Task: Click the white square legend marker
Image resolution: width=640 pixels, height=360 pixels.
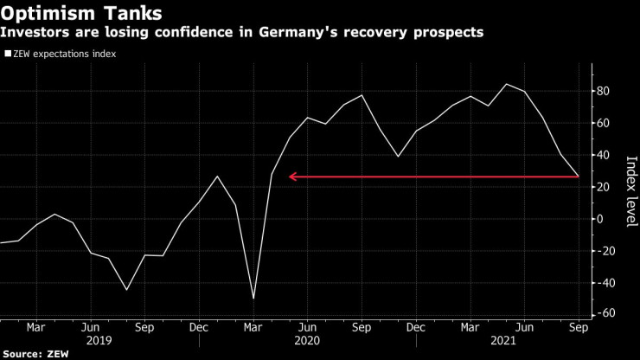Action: point(9,54)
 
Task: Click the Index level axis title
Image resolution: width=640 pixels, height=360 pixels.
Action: point(630,192)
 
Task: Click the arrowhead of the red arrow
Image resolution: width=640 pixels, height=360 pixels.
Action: point(292,177)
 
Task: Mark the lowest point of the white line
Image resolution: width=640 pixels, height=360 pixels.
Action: point(253,299)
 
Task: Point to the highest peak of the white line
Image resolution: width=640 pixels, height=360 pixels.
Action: point(506,84)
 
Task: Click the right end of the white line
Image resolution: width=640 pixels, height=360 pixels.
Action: point(579,177)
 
